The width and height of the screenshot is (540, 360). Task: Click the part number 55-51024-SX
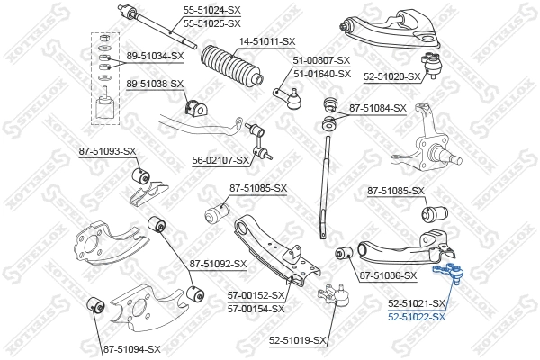click(x=212, y=10)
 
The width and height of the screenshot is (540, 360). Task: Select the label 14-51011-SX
click(x=267, y=41)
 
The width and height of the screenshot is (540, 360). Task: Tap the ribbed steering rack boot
click(x=231, y=71)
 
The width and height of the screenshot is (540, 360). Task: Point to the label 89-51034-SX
click(x=155, y=55)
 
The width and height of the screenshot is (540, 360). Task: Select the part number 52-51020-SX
click(x=392, y=77)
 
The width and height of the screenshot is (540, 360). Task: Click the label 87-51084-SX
click(x=378, y=108)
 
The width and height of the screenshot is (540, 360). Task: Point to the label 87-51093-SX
click(x=107, y=151)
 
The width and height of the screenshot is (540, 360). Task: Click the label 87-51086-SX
click(x=388, y=275)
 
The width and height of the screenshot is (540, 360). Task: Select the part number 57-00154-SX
click(x=256, y=308)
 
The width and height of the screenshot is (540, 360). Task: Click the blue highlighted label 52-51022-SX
click(x=417, y=317)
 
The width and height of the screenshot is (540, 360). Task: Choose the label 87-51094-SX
click(x=131, y=348)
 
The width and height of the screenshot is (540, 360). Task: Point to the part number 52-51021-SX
click(x=417, y=304)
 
